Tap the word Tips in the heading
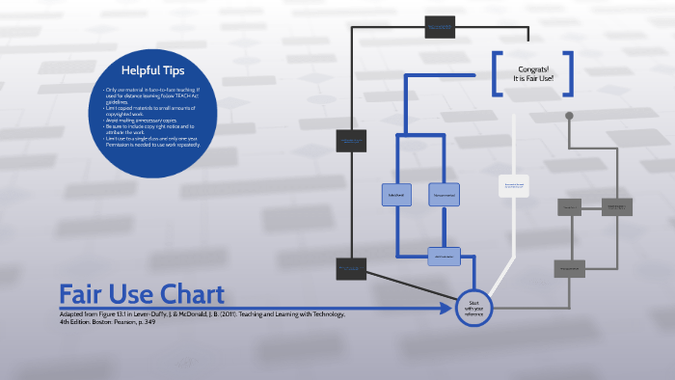coord(183,69)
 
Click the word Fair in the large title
coord(84,294)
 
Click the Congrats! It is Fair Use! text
coord(532,75)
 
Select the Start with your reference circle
coord(473,308)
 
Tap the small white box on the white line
coord(514,183)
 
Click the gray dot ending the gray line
coord(569,116)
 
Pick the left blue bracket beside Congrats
coord(497,74)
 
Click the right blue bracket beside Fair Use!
coord(569,74)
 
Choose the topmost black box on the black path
coord(441,26)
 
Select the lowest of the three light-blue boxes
coord(444,257)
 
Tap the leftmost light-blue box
coord(396,195)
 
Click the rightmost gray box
coord(616,206)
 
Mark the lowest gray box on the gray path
coord(570,269)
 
